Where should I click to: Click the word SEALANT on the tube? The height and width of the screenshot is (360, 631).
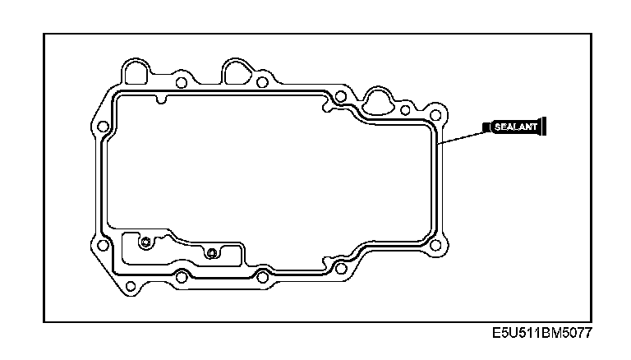(x=514, y=127)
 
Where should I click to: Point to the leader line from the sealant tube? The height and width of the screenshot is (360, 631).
(x=463, y=136)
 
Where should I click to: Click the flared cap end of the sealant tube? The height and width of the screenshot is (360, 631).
(x=545, y=127)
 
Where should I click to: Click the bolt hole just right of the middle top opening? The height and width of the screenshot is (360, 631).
(x=262, y=81)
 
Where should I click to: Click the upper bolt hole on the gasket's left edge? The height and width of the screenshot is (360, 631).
(x=103, y=127)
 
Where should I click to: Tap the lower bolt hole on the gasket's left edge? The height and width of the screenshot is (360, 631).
(x=102, y=245)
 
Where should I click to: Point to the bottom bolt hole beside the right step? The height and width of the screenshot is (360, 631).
(x=340, y=267)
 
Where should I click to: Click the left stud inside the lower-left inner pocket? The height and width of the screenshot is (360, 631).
(x=145, y=242)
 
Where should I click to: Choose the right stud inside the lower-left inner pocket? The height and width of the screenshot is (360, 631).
(x=211, y=252)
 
